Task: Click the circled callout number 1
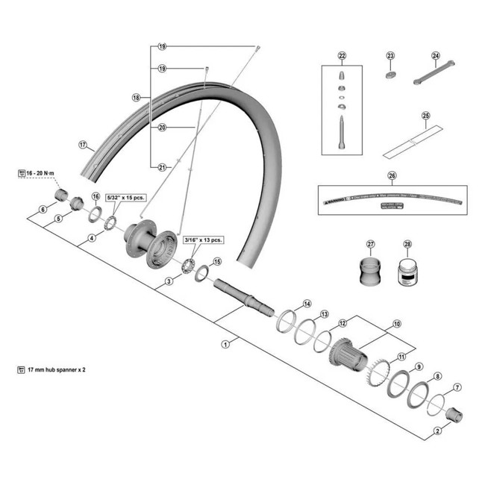(x=225, y=345)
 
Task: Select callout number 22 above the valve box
(x=342, y=56)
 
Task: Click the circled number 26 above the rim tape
(x=392, y=177)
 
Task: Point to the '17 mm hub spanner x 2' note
(x=56, y=370)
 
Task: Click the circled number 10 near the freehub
(x=396, y=325)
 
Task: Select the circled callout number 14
(x=307, y=304)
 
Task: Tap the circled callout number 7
(x=457, y=388)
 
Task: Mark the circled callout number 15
(x=217, y=262)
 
